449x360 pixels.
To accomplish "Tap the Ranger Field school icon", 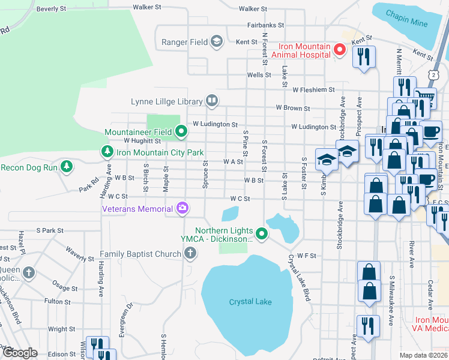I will point(217,42).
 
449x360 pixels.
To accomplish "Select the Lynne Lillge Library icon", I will point(211,100).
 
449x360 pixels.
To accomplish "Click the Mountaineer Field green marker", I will point(181,131).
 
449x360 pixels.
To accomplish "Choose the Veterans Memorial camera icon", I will point(182,209).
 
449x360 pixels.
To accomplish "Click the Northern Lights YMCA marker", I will point(261,234).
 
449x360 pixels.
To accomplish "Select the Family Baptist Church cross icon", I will point(190,254).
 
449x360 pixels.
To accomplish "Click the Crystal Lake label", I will point(250,302).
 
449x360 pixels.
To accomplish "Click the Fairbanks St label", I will point(265,26).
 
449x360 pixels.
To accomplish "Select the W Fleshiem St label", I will point(313,89).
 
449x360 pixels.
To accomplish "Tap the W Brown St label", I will point(292,109).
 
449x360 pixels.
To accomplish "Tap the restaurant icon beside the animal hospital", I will point(363,57).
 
